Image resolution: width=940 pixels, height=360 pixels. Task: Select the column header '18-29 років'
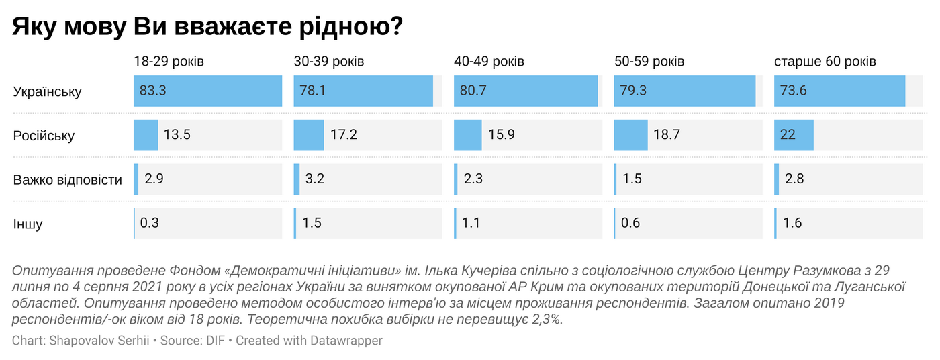pyautogui.click(x=169, y=62)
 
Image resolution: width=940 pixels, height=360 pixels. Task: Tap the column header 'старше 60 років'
pyautogui.click(x=825, y=62)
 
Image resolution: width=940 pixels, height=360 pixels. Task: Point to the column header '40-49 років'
pyautogui.click(x=489, y=62)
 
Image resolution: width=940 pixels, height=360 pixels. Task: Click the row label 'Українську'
pyautogui.click(x=47, y=91)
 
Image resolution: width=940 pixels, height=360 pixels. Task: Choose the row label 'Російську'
pyautogui.click(x=44, y=136)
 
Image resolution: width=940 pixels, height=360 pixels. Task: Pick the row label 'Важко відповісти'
pyautogui.click(x=67, y=180)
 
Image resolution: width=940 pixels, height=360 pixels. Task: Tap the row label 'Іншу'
pyautogui.click(x=28, y=224)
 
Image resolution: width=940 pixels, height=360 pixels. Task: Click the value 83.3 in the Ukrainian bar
pyautogui.click(x=153, y=91)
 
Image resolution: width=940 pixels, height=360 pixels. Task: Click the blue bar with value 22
pyautogui.click(x=794, y=136)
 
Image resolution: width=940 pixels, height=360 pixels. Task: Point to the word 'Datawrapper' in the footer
pyautogui.click(x=346, y=341)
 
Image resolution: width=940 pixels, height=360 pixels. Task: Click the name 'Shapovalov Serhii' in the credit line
pyautogui.click(x=99, y=341)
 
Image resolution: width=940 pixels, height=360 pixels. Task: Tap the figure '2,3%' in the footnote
pyautogui.click(x=545, y=320)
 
